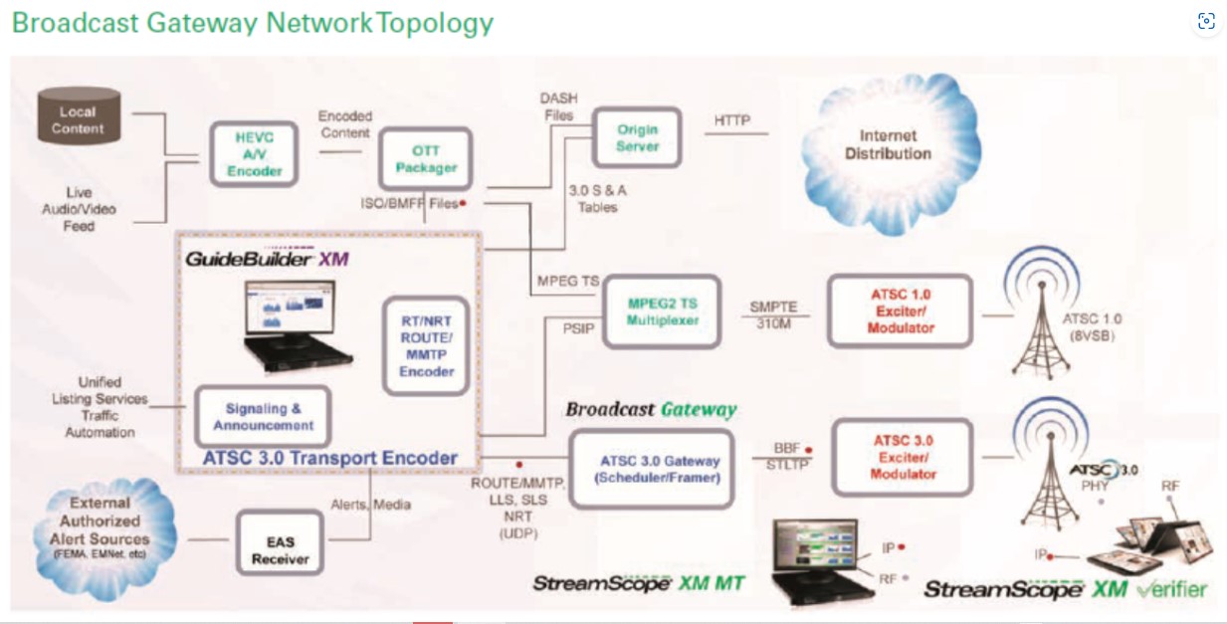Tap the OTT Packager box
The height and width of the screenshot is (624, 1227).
[x=425, y=159]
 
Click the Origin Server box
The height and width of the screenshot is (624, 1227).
[x=637, y=136]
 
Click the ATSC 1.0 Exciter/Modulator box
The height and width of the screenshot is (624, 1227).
[x=900, y=312]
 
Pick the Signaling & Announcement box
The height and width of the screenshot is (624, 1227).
[x=263, y=417]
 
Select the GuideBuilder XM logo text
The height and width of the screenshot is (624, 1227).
[x=265, y=258]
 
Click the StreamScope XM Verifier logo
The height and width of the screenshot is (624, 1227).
[x=1065, y=588]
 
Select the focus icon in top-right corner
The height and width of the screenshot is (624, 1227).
[x=1206, y=22]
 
